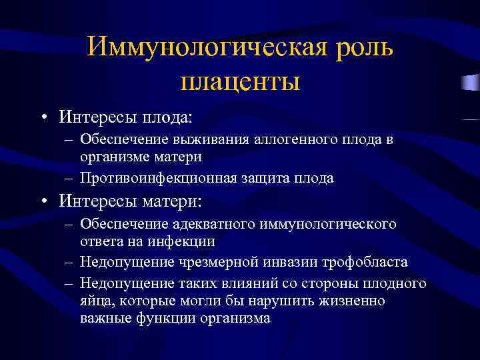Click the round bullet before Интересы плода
tap(43, 118)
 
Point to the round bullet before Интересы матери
tap(43, 201)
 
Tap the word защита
tap(266, 178)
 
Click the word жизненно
tap(353, 301)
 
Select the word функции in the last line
tap(165, 318)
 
